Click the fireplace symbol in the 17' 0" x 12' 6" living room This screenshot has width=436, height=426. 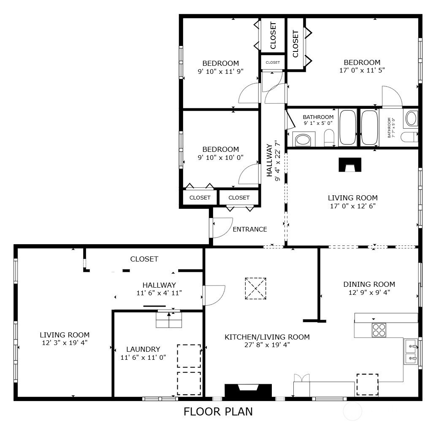point(350,165)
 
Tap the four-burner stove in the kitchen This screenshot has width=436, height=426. point(379,330)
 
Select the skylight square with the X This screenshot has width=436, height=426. point(255,288)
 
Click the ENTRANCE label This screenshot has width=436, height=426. point(250,229)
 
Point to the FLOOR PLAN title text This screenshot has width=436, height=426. point(218,412)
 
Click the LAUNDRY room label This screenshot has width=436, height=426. point(143,349)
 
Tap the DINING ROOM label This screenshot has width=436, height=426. point(369,284)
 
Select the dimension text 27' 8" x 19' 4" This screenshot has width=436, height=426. point(267,345)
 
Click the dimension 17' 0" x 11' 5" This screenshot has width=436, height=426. point(362,70)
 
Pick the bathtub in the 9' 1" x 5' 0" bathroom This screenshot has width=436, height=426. point(348,127)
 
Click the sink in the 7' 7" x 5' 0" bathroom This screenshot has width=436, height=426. point(412,119)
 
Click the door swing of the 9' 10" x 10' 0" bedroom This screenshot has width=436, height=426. point(245,170)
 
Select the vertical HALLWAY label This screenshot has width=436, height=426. point(269,160)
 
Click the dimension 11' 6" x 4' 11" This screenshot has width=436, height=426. point(159,293)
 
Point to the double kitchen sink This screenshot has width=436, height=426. point(411,351)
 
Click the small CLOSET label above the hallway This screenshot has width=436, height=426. point(273,62)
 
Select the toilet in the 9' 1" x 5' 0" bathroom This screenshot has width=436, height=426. point(329,137)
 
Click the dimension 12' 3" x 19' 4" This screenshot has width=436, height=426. point(65,343)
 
